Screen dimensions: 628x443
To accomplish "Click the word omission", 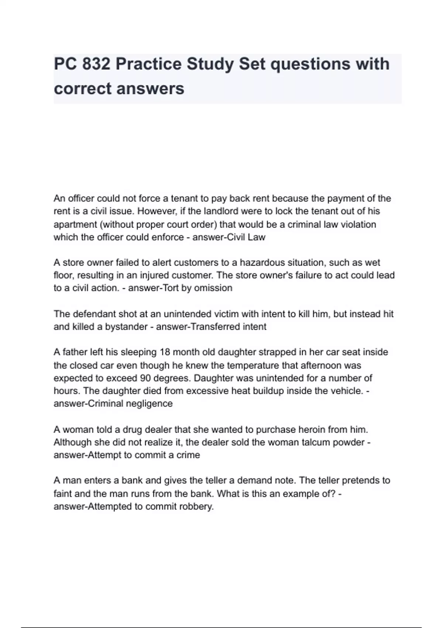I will tap(215, 288).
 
